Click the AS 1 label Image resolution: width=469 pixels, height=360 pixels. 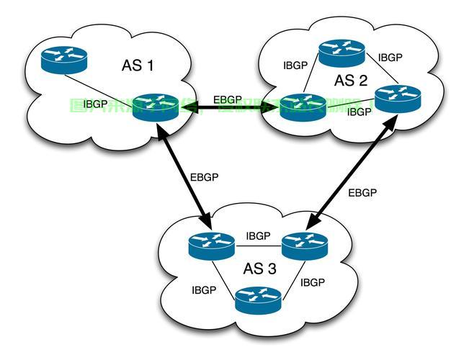tap(138, 66)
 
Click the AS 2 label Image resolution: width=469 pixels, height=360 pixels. tap(350, 79)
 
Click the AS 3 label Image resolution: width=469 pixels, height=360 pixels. tap(259, 269)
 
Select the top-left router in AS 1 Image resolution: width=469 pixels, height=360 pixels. tap(63, 58)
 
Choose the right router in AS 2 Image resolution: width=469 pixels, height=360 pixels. tap(398, 97)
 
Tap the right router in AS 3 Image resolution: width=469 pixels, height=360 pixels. tap(305, 246)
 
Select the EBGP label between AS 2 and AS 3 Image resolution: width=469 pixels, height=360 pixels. tap(362, 192)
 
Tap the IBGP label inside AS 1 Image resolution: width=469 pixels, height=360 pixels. tap(96, 104)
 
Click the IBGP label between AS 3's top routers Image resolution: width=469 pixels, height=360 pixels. tap(258, 235)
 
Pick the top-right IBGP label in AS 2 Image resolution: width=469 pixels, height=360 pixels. tap(390, 57)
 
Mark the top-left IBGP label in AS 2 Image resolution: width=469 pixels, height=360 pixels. tap(295, 65)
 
